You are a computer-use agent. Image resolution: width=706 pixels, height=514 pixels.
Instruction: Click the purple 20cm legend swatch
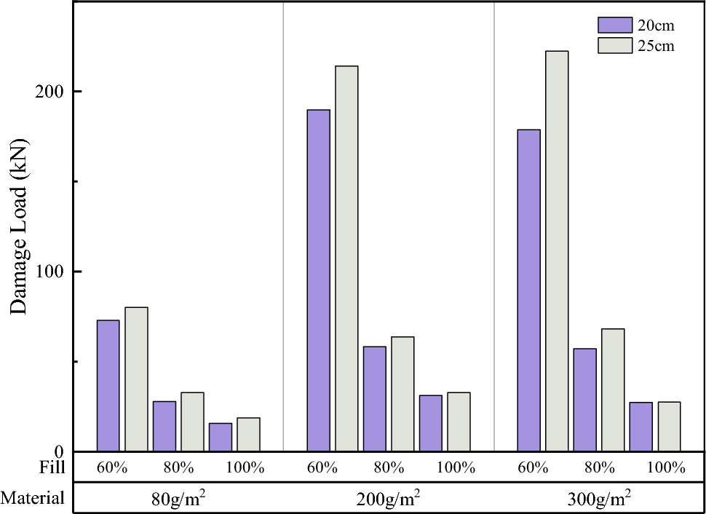[614, 25]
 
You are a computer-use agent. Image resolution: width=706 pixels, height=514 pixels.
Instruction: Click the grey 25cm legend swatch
[614, 45]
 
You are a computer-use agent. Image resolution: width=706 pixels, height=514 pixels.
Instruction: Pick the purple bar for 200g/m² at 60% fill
[318, 280]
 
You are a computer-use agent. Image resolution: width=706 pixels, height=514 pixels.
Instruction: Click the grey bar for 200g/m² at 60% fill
[346, 258]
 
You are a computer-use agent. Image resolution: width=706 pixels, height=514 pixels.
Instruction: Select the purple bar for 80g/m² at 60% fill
[108, 385]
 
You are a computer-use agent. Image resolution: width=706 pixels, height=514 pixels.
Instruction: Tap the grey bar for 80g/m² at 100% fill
[248, 434]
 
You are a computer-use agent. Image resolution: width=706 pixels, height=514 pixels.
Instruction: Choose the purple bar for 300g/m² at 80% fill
[584, 400]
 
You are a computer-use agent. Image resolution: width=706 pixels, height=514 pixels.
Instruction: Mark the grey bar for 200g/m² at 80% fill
[402, 394]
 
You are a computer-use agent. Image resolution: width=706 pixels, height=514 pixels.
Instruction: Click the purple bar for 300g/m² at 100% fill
[640, 427]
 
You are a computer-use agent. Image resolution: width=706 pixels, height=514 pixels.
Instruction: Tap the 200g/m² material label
[389, 499]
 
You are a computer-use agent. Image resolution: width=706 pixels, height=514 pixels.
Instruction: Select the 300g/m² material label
[599, 499]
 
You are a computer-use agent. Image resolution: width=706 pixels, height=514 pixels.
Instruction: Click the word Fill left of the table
[52, 467]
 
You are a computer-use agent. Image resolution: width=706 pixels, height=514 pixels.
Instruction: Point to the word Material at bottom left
[33, 499]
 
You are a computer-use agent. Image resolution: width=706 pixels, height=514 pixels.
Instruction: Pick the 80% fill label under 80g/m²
[178, 467]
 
